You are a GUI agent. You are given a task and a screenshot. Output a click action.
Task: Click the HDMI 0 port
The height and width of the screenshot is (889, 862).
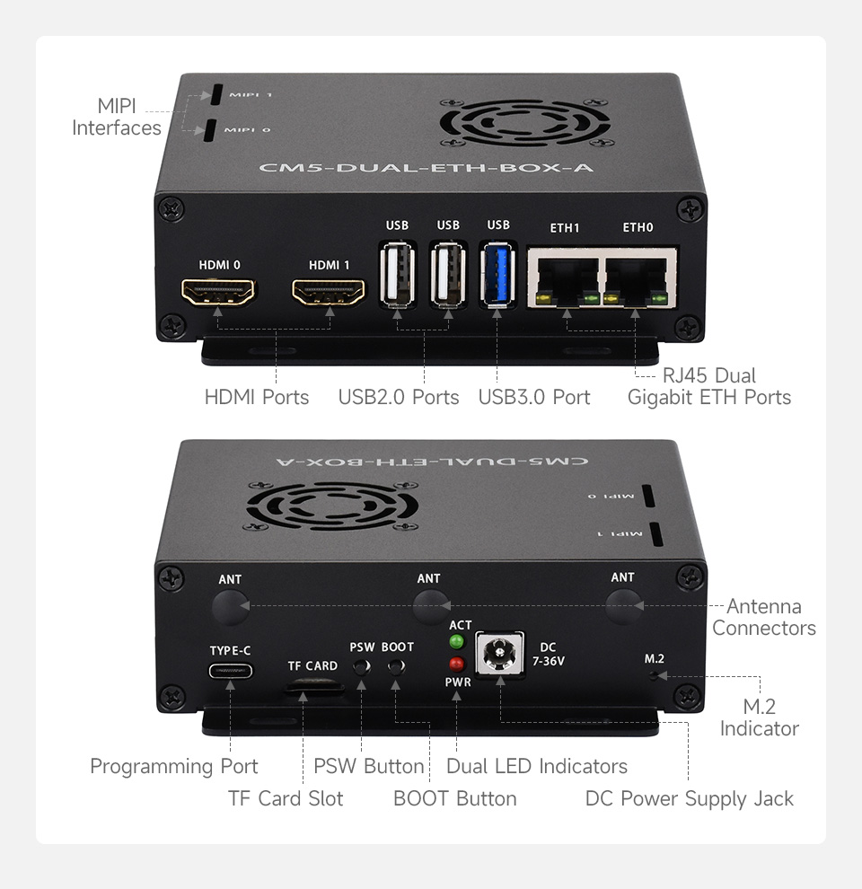point(219,292)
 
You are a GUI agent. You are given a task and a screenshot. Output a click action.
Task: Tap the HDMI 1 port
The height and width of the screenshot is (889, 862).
point(330,292)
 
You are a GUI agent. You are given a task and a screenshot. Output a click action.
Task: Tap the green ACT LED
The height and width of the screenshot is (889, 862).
point(457,642)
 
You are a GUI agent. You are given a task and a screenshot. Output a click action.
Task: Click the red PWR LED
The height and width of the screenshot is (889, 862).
point(457,665)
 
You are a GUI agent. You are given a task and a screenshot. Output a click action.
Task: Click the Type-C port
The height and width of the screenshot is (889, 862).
point(231,671)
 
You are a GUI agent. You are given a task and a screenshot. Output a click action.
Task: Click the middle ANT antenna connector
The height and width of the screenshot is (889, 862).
point(429,607)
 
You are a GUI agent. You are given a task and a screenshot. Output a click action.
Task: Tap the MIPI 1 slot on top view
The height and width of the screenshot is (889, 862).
point(216,95)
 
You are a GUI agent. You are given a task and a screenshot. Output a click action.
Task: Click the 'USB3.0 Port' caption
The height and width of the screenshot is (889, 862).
point(534,397)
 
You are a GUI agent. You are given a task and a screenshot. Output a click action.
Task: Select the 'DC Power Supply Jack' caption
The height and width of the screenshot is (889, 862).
point(689,798)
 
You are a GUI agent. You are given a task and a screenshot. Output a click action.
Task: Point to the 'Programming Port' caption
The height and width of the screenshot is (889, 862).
point(173,766)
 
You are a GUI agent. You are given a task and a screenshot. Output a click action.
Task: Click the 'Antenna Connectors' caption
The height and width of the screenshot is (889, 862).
point(763,617)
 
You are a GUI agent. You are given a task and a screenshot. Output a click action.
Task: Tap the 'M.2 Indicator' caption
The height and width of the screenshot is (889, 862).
point(759,717)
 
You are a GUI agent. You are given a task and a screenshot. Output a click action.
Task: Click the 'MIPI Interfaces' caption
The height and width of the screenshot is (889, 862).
point(116,118)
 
